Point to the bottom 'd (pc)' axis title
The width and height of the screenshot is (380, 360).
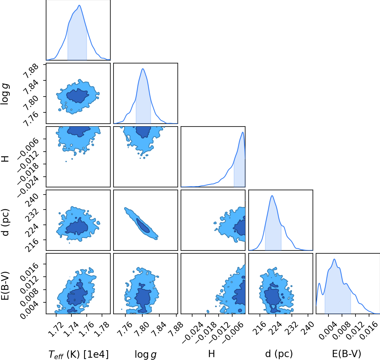[279, 354]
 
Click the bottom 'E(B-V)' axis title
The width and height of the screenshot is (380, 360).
[347, 354]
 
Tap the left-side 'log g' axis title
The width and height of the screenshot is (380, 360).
[5, 94]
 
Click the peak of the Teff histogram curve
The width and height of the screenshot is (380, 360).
[79, 5]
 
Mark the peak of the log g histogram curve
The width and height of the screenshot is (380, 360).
[143, 69]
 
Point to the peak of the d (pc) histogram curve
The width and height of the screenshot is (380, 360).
[272, 196]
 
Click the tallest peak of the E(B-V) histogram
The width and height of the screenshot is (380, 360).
[334, 259]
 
